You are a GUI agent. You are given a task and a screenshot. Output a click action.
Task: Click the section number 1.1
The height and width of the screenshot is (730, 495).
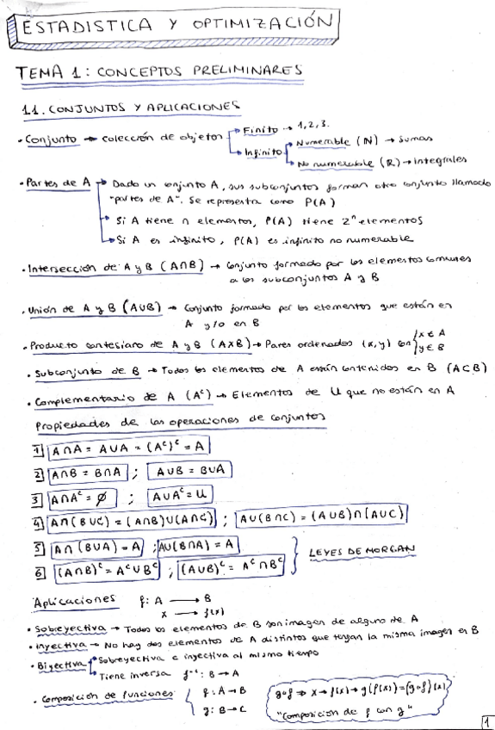point(34,109)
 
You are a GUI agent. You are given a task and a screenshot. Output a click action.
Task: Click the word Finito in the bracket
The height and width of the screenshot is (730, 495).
point(261,131)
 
